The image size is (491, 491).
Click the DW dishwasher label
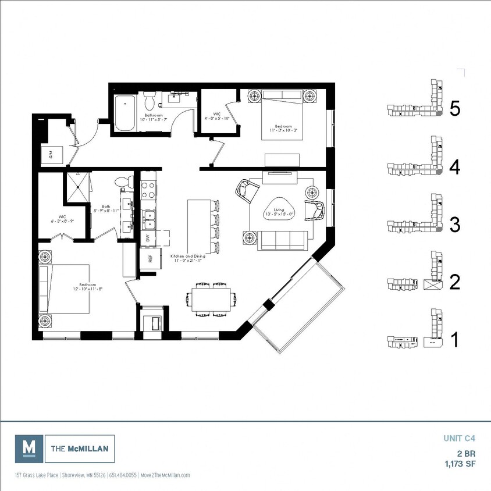(148, 238)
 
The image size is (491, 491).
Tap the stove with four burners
(148, 190)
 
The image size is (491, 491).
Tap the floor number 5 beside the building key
(455, 109)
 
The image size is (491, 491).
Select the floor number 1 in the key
(455, 340)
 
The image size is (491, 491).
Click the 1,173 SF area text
(458, 464)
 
